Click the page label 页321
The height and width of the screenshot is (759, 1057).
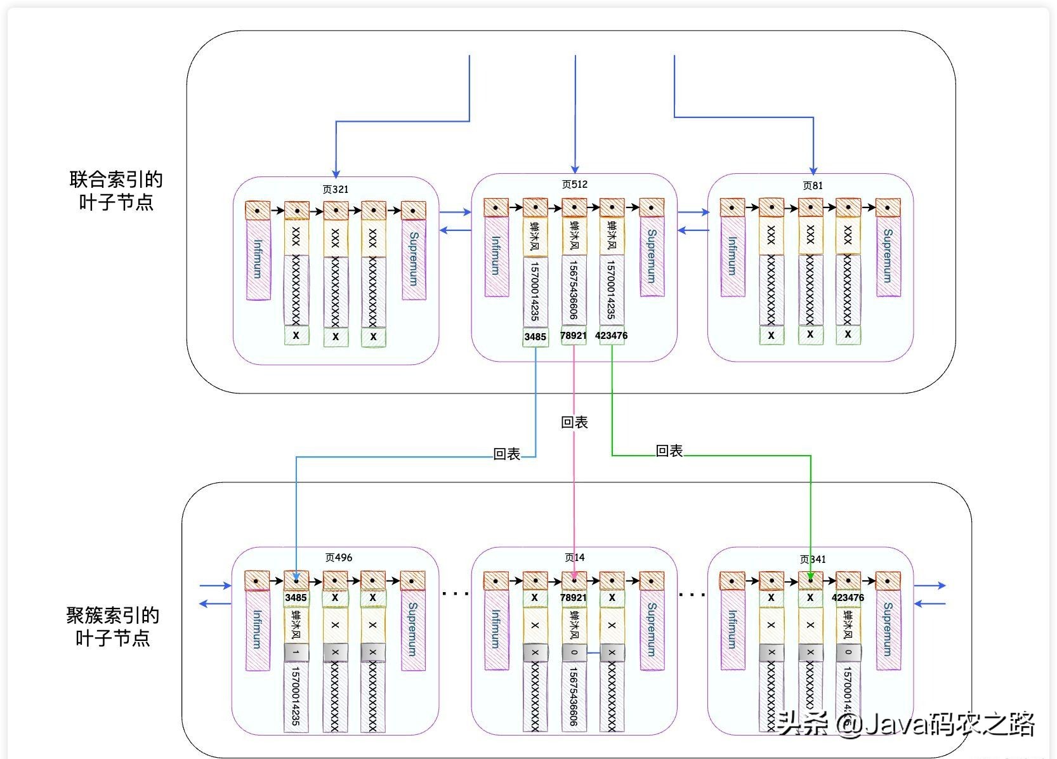coord(335,189)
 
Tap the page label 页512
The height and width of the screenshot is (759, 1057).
coord(574,185)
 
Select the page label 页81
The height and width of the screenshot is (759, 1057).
coord(812,186)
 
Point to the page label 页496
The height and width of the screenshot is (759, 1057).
coord(338,558)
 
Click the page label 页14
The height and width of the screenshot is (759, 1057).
coord(574,558)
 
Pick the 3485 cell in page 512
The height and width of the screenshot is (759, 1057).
coord(535,337)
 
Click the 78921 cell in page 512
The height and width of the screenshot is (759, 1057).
coord(573,335)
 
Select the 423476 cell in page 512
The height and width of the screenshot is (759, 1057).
coord(612,335)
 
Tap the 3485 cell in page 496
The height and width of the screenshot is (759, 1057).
coord(296,598)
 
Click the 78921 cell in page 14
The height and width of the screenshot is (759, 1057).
coord(573,598)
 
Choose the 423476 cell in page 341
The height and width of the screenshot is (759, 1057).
coord(848,598)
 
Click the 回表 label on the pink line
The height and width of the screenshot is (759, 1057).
coord(574,423)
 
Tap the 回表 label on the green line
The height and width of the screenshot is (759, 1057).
coord(669,451)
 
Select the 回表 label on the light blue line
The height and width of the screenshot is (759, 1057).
coord(506,454)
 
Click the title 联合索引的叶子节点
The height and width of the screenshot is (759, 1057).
coord(115,191)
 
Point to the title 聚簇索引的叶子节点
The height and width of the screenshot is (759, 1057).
coord(112,626)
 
